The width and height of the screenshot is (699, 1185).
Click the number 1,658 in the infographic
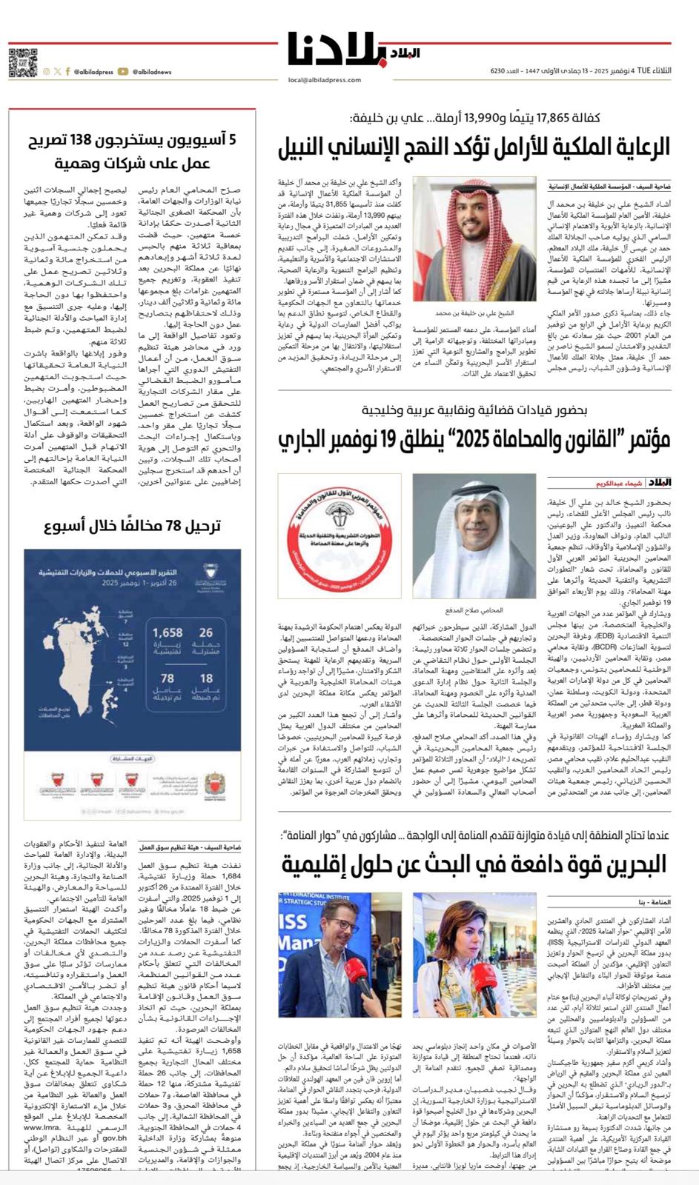(x=168, y=633)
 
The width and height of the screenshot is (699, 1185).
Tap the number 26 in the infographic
(x=206, y=633)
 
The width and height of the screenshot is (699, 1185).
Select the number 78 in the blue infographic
(x=168, y=678)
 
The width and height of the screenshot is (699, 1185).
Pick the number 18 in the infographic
(x=206, y=678)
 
